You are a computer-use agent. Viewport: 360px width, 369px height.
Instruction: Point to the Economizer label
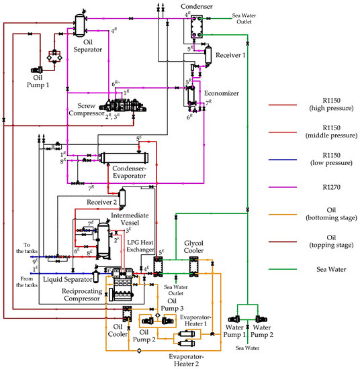coord(228,95)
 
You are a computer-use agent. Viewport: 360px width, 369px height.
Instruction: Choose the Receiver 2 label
coord(101,201)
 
